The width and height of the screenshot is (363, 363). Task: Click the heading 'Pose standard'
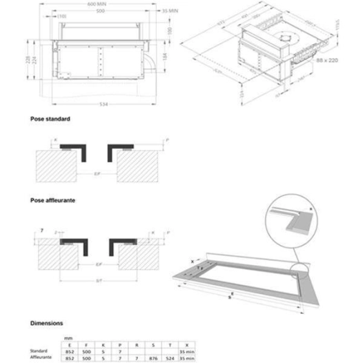(x=50, y=119)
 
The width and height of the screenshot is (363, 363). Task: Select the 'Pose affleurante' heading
(x=53, y=199)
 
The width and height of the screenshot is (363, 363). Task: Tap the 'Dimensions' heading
(x=48, y=322)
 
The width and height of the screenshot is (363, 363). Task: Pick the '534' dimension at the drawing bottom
(x=103, y=104)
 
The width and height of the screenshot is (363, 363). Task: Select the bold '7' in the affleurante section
(x=41, y=228)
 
